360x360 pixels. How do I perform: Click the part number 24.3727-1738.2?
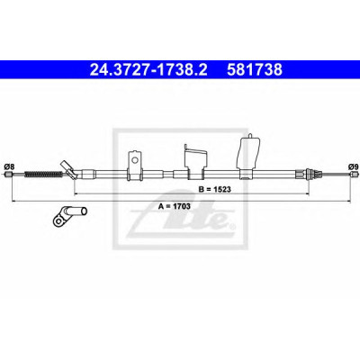(148, 70)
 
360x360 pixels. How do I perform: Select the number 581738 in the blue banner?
(255, 70)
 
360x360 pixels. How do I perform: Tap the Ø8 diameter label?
(10, 166)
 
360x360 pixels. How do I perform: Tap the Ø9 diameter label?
(354, 166)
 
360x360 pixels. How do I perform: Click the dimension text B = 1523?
(215, 189)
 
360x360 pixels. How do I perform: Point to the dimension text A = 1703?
(175, 206)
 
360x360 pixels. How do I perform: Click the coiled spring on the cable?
(42, 174)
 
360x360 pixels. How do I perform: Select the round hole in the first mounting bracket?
(135, 160)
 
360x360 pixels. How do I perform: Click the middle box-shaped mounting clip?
(195, 162)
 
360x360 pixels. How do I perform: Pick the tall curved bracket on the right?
(248, 157)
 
